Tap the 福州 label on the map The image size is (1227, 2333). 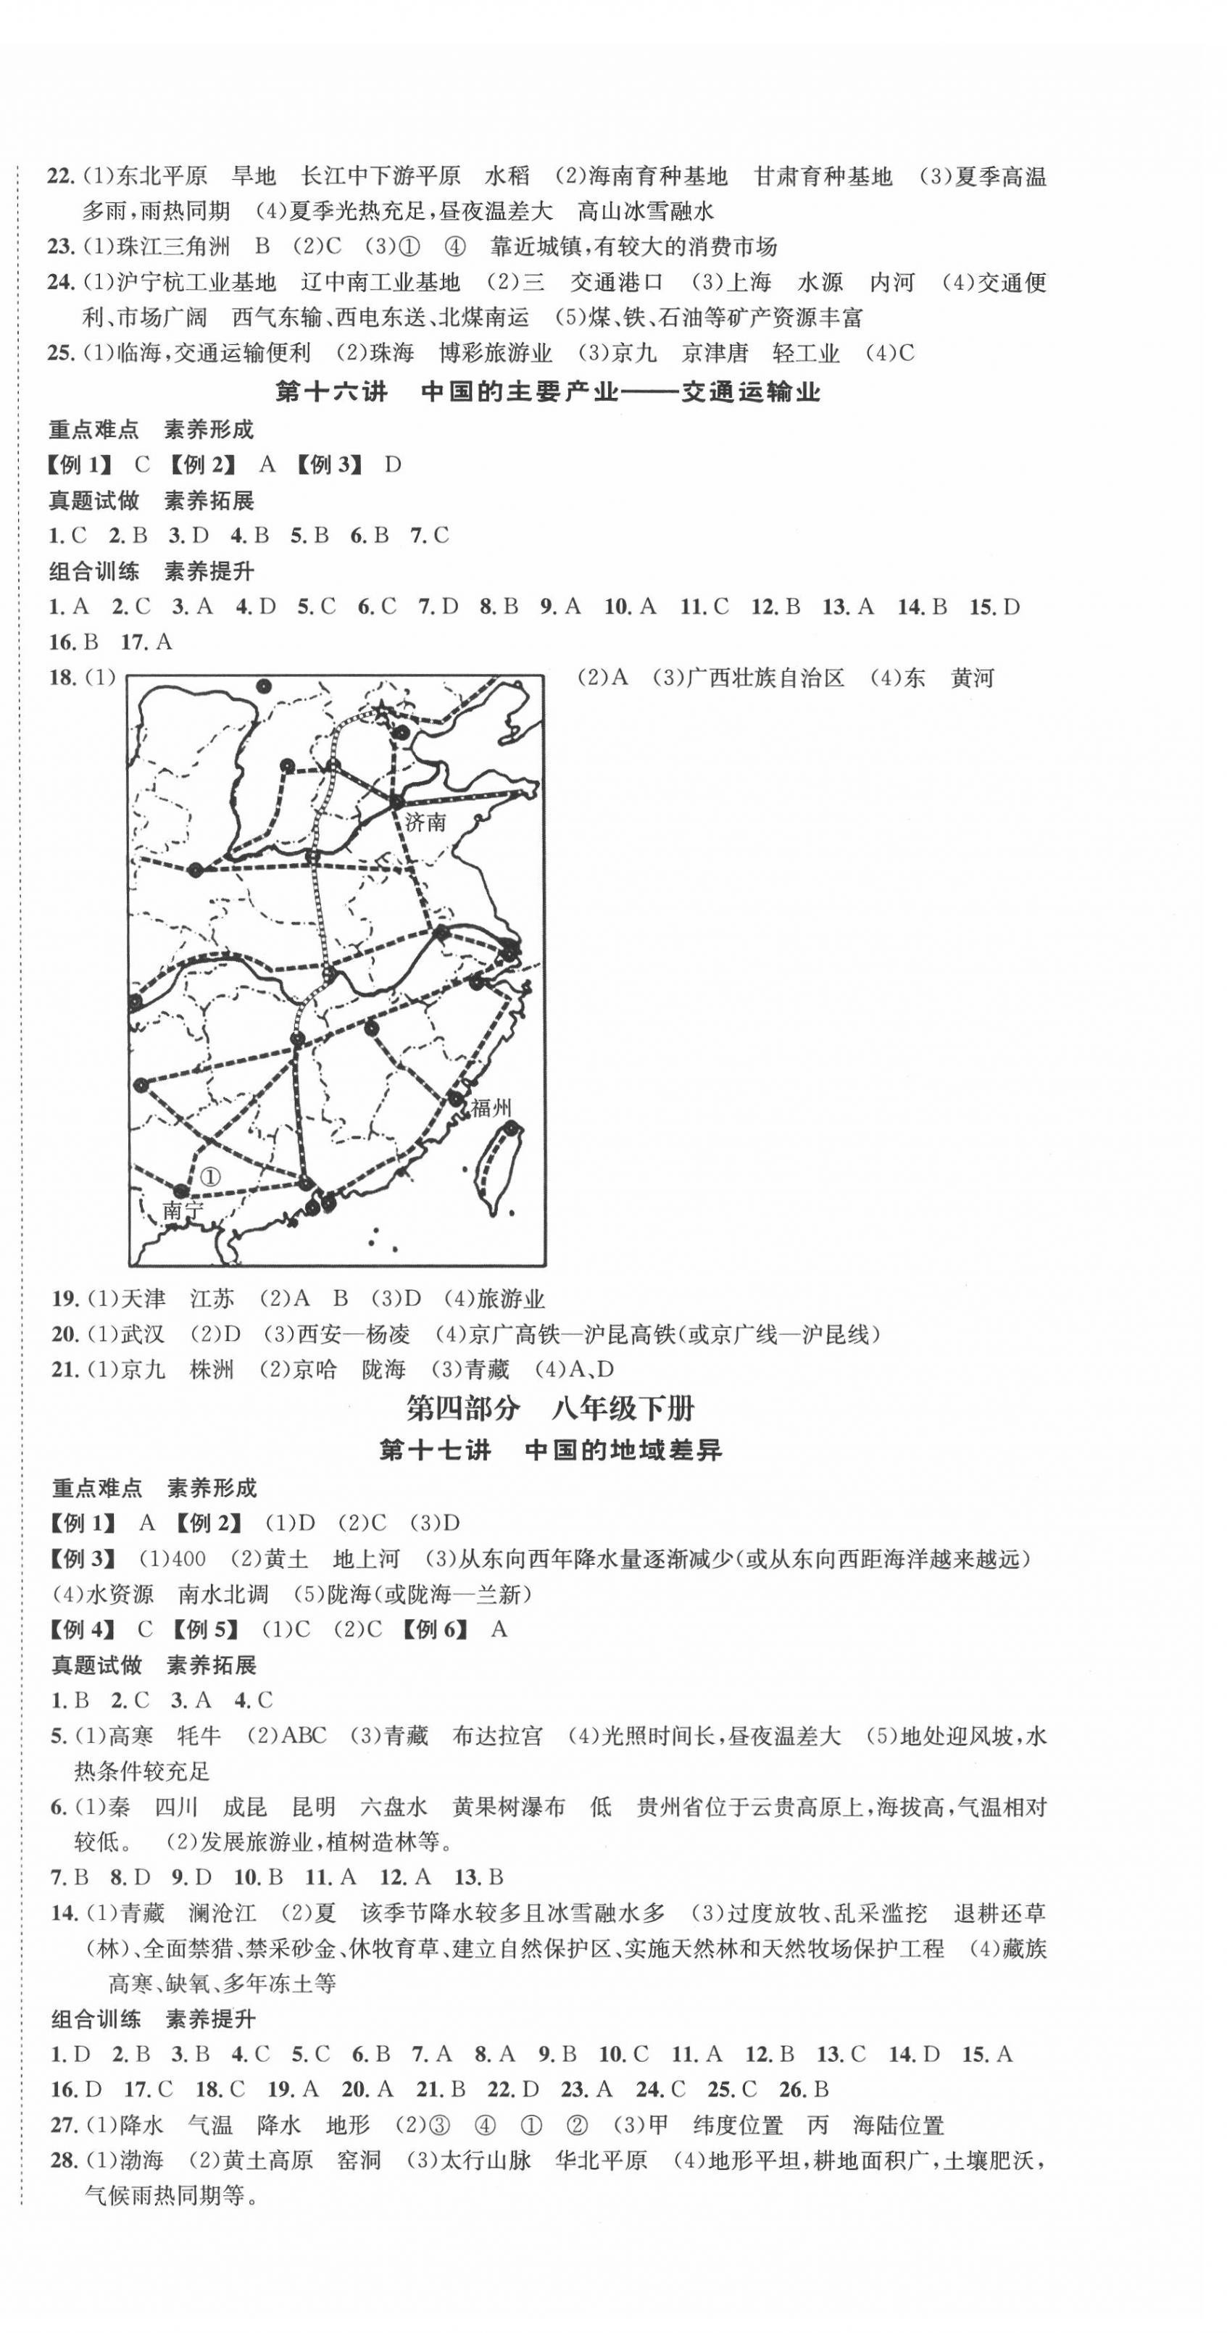(491, 1107)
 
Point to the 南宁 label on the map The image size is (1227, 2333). (183, 1210)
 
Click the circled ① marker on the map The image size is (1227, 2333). (210, 1176)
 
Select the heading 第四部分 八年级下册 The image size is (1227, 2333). (549, 1408)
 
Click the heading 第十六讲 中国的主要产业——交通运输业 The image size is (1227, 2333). (548, 391)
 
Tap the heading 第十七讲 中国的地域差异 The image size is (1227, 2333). (549, 1450)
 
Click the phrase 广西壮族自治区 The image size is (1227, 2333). (765, 678)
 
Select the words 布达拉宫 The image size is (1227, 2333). (497, 1735)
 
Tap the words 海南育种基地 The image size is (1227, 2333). (657, 175)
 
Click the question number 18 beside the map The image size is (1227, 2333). (62, 678)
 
